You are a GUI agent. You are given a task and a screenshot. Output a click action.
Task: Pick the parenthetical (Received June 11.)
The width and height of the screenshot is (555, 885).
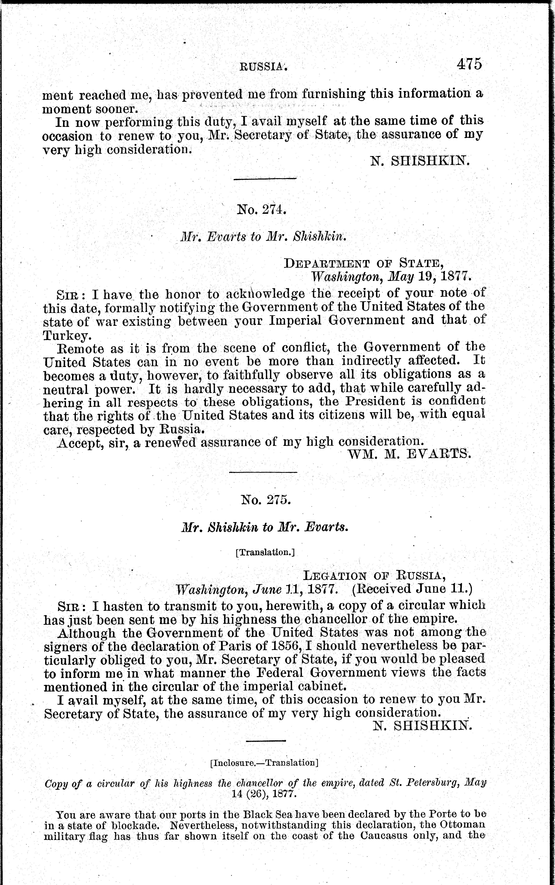[x=412, y=589]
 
